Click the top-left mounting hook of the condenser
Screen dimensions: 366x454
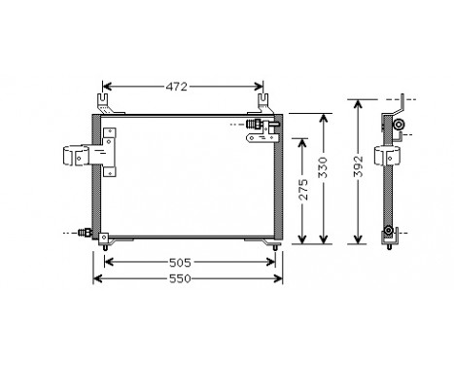[105, 100]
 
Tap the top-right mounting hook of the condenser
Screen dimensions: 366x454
[263, 100]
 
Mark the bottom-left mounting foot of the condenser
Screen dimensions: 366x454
[104, 246]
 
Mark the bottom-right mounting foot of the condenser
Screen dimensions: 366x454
[276, 246]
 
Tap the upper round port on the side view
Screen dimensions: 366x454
[399, 125]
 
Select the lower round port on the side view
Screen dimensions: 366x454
[391, 231]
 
